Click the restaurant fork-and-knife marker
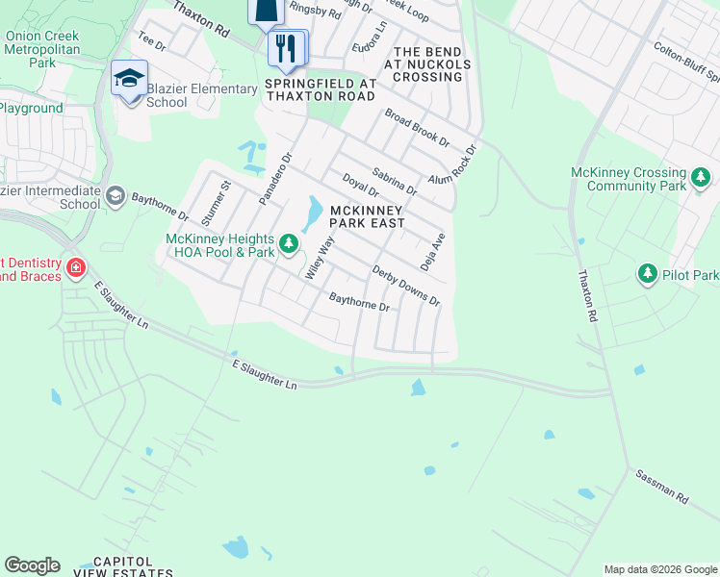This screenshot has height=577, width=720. pos(285,48)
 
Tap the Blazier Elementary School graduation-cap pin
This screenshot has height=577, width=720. pos(128,78)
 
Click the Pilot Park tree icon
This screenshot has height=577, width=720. pos(648,275)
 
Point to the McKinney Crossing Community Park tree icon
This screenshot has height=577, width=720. pos(703,178)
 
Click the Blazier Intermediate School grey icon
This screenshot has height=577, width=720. pos(116,196)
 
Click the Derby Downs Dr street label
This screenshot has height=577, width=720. pos(406,286)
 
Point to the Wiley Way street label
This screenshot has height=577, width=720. pos(319,258)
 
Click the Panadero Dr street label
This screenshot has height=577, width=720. pos(274,178)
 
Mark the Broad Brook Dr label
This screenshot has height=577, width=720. pos(417,127)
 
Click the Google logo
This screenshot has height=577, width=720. pos(32,565)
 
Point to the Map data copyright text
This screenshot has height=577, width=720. pos(659,569)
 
